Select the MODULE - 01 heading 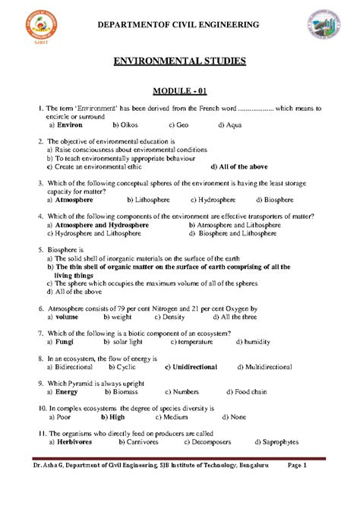coord(180,90)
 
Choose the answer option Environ coord(68,124)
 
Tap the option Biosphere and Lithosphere coord(235,233)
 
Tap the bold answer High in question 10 coord(117,416)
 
